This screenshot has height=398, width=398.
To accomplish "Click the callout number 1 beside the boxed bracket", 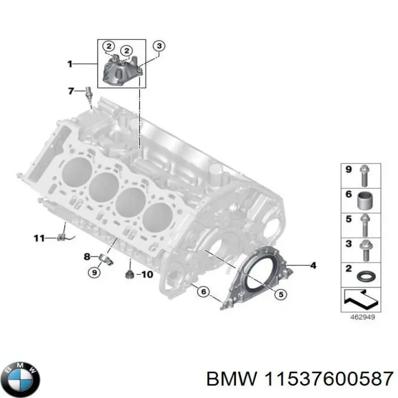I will (70, 64).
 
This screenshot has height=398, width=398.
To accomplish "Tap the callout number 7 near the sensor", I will (71, 91).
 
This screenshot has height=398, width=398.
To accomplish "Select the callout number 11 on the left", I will (39, 239).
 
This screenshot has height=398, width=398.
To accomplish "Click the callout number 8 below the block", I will (87, 256).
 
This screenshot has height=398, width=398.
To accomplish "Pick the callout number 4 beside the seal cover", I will (313, 266).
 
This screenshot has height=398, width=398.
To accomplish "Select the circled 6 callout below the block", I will (203, 292).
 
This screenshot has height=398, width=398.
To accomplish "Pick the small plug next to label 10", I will (128, 275).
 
